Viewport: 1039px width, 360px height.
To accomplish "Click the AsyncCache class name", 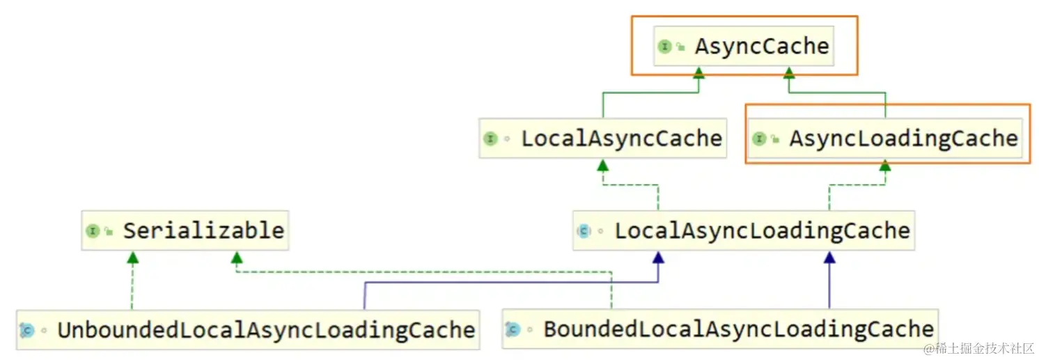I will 762,47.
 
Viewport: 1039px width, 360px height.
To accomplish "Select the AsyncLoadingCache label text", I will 903,139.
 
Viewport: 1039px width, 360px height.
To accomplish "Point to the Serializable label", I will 203,230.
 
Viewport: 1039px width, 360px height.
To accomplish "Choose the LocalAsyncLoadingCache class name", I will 762,230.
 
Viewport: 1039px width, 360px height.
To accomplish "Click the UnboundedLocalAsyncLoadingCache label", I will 266,329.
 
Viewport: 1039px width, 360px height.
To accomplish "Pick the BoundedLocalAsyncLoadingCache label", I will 738,329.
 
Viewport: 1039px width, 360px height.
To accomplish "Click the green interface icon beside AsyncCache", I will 664,47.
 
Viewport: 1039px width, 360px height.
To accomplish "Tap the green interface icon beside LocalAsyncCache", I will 490,139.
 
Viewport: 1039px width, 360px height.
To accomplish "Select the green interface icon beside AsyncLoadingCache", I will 759,139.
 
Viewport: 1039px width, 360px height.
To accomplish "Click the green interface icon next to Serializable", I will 93,231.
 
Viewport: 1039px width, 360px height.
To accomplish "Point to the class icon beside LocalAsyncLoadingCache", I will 584,231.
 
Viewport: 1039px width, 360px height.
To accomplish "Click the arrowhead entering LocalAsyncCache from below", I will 602,165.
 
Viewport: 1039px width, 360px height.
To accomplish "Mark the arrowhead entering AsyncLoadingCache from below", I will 885,166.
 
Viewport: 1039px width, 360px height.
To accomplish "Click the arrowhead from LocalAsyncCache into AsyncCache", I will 698,72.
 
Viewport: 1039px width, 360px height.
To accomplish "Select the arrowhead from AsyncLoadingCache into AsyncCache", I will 788,72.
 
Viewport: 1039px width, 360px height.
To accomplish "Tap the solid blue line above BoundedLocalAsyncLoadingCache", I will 829,285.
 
